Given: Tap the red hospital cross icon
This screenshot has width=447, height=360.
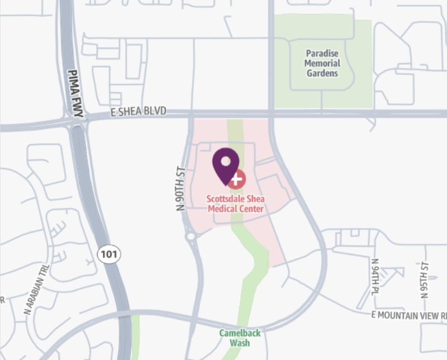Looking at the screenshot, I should (x=237, y=179).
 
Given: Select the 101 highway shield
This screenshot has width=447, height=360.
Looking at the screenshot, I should (x=108, y=254).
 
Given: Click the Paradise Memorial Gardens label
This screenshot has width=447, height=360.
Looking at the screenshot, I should (x=322, y=63).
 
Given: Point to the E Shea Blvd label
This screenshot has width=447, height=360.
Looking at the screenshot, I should (x=139, y=112).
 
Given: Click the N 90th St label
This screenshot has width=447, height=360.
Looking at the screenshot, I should (x=180, y=187).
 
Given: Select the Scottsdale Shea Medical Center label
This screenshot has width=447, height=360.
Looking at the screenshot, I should (x=235, y=204).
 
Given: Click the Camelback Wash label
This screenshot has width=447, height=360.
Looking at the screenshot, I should (x=240, y=338).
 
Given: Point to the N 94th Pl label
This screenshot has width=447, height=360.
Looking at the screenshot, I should (x=375, y=277).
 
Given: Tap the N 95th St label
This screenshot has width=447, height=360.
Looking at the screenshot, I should (x=425, y=279).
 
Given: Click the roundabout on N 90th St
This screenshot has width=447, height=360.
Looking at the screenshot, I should (x=191, y=237).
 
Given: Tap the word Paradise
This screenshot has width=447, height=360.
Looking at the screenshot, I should (x=322, y=54).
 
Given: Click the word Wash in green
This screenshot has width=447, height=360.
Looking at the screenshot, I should (x=240, y=343).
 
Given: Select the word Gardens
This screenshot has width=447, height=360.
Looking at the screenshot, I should (x=322, y=73).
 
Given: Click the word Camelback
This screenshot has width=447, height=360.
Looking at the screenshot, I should (x=240, y=333).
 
